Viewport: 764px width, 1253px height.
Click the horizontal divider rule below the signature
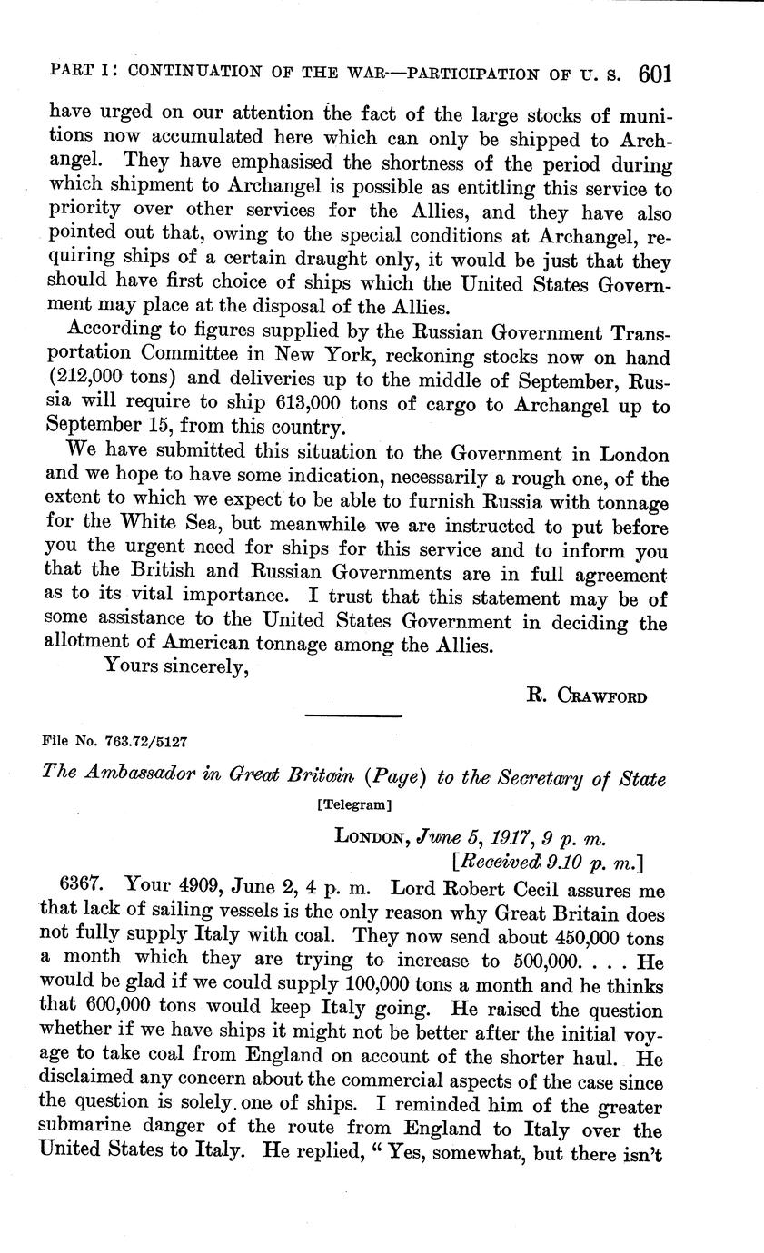click(x=353, y=716)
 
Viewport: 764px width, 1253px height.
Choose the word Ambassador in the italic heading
click(x=150, y=778)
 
